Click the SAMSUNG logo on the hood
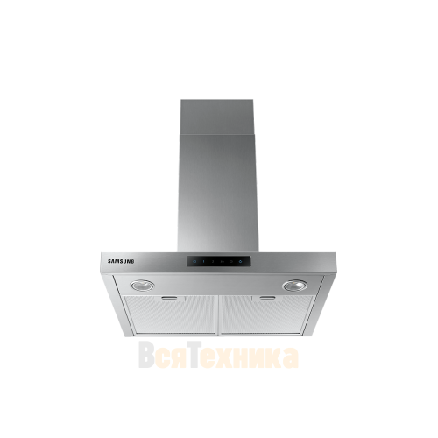coord(121,261)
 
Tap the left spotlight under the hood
coord(143,285)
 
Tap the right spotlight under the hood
coord(295,286)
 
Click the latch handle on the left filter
coord(169,298)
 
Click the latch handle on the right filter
coord(268,298)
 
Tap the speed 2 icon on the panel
coord(213,261)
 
